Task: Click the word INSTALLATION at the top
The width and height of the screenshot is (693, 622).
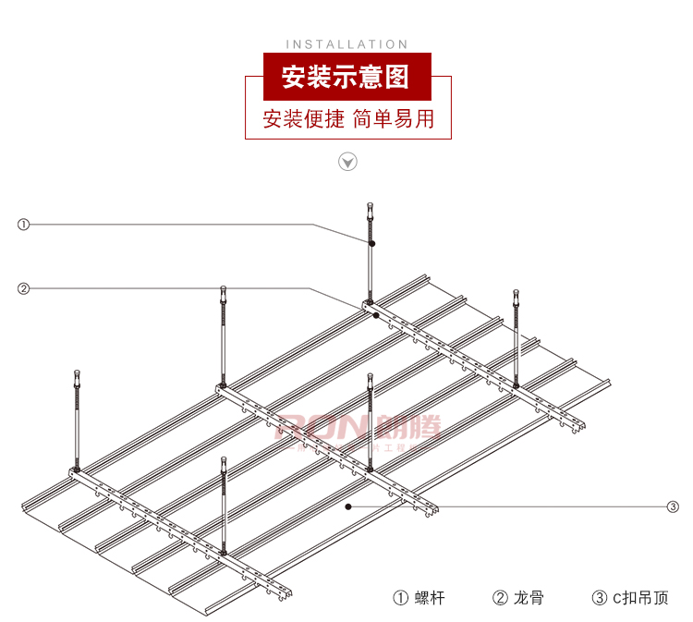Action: pos(346,43)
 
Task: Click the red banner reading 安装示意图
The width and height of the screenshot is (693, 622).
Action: pos(346,76)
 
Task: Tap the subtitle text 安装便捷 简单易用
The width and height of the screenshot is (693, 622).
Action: pos(347,118)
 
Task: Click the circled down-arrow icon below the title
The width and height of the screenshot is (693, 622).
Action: pos(347,163)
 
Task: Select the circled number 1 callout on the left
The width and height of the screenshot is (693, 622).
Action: pos(24,224)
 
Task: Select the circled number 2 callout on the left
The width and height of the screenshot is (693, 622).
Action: pos(24,288)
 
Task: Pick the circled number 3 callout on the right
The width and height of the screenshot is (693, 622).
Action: pos(673,506)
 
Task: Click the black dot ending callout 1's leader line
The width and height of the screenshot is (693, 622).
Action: pos(371,243)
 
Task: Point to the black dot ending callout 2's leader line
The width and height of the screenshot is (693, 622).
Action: pos(375,315)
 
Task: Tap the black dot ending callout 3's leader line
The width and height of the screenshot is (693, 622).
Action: pos(347,506)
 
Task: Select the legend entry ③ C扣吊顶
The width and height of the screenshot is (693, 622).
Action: pos(630,597)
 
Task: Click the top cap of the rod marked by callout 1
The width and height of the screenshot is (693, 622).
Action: pos(370,206)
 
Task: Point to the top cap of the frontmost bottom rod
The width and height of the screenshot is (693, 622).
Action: pos(223,460)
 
